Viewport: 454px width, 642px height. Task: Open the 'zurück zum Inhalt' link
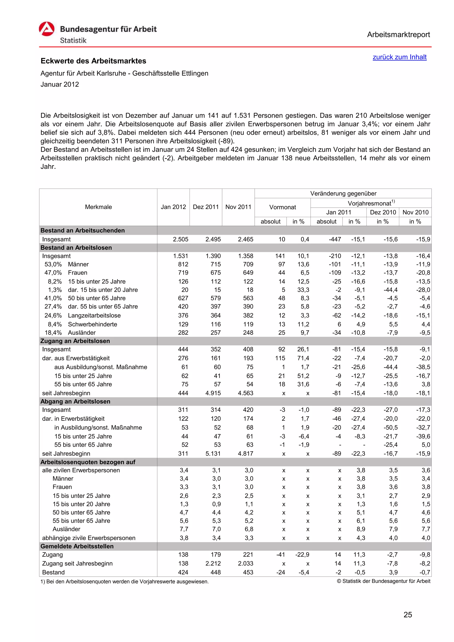coord(399,57)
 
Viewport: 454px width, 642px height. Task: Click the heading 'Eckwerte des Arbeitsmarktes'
coord(93,61)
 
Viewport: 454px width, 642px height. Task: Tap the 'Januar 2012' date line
coord(60,84)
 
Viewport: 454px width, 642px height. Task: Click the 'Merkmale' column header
coord(98,207)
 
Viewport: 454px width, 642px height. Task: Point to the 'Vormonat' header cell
coord(282,207)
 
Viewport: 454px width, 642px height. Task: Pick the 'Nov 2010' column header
coord(415,212)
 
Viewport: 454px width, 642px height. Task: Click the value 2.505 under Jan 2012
coord(180,239)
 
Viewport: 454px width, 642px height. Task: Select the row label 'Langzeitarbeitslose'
coord(94,315)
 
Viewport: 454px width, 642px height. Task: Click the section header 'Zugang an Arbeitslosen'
coord(75,341)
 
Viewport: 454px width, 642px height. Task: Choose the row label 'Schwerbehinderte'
coord(93,324)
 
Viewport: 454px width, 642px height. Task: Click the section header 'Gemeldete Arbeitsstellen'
coord(77,546)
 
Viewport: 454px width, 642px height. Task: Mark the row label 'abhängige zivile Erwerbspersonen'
coord(89,538)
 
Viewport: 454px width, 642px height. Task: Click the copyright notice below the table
coord(383,581)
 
